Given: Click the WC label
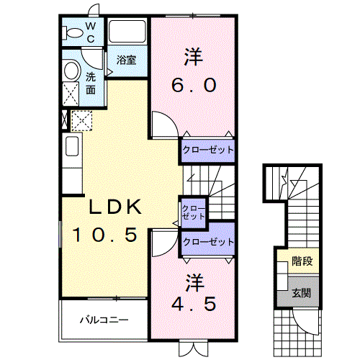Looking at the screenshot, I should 91,32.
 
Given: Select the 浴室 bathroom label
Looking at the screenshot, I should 126,60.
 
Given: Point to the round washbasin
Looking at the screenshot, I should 71,71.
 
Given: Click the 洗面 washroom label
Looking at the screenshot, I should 91,84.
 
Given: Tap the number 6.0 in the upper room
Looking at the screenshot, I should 194,85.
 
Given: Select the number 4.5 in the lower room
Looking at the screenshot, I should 192,303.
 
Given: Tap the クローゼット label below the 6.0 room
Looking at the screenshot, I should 208,150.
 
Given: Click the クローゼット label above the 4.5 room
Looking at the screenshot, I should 209,241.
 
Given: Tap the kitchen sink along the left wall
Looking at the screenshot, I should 72,147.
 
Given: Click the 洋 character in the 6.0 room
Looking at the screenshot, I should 192,55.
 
